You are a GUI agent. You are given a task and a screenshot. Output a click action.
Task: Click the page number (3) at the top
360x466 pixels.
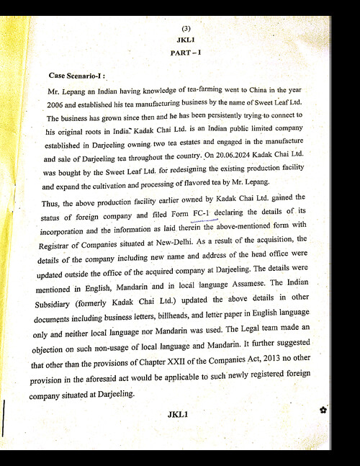tap(186, 28)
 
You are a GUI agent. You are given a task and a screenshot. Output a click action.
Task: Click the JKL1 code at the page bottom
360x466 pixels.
tap(177, 414)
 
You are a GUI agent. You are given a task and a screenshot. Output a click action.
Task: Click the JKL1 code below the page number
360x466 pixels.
tap(185, 40)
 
